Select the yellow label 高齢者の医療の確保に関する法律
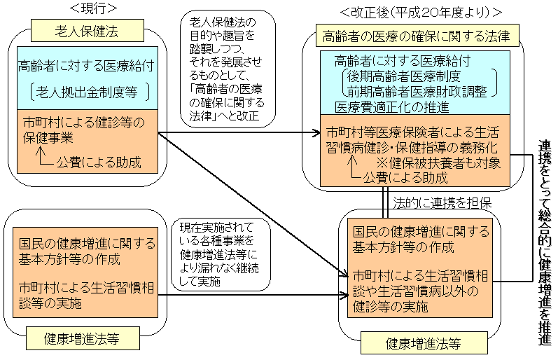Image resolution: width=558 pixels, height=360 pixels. coord(412,35)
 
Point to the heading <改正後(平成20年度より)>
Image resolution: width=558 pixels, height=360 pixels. coord(421,12)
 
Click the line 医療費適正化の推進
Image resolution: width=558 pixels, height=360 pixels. coord(392,107)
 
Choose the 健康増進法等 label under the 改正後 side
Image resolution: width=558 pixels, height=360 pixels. coord(416,344)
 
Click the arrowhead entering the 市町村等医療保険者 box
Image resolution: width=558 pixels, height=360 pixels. coord(314,133)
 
